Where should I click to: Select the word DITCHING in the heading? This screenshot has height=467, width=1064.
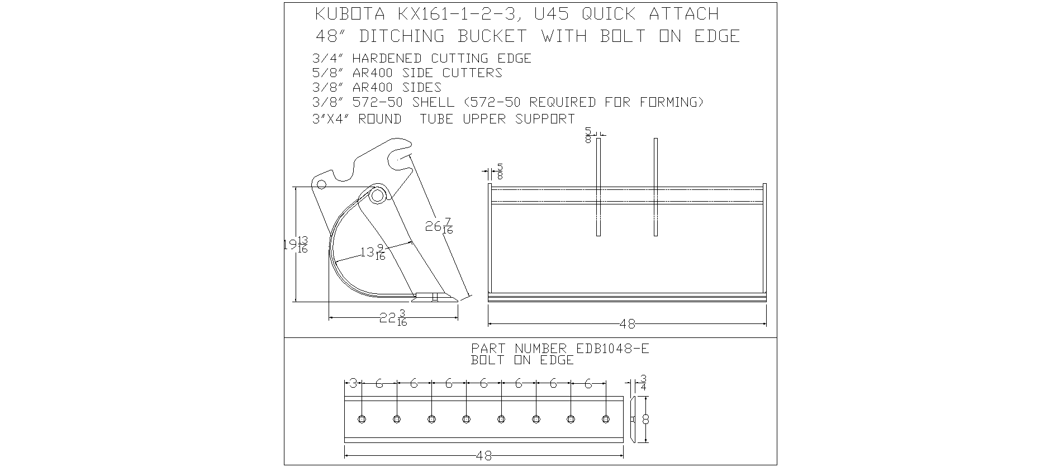click(x=402, y=36)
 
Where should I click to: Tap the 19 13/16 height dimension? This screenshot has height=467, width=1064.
click(x=296, y=245)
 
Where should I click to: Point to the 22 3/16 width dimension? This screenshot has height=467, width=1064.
click(x=393, y=318)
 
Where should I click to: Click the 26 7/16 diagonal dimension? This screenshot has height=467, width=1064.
click(x=439, y=226)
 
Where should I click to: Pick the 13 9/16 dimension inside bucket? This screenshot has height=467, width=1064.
click(x=373, y=252)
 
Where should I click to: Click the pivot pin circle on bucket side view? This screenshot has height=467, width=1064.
click(x=378, y=195)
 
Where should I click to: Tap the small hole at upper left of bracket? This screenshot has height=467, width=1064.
click(x=321, y=184)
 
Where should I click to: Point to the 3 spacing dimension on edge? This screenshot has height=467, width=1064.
click(x=353, y=384)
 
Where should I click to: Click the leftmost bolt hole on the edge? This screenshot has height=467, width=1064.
click(x=362, y=419)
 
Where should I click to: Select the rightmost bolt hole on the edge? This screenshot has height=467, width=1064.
click(x=605, y=419)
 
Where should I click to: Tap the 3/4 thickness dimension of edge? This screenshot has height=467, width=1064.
click(x=643, y=383)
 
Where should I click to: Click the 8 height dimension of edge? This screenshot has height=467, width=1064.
click(x=645, y=420)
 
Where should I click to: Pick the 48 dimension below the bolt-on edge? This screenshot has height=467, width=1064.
click(x=485, y=456)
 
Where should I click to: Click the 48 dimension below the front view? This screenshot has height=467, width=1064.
click(x=628, y=324)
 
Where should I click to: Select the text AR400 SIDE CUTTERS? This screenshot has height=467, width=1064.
click(x=427, y=73)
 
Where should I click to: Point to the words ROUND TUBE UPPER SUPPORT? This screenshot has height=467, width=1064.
click(x=467, y=119)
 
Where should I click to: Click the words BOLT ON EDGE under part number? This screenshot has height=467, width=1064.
click(x=522, y=360)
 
